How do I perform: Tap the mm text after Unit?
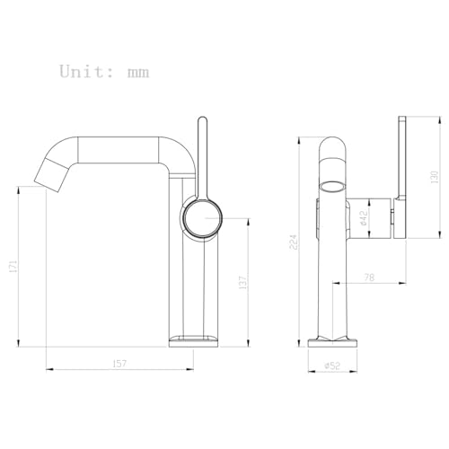point(138,73)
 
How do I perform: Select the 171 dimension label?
point(13,266)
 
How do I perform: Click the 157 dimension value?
point(119,364)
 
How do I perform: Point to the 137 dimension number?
point(242,282)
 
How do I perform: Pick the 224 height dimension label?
point(294,242)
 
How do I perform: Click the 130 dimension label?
point(434,177)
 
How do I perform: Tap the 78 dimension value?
point(369,277)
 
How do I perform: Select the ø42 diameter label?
point(363,217)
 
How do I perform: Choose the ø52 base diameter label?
point(332,365)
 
